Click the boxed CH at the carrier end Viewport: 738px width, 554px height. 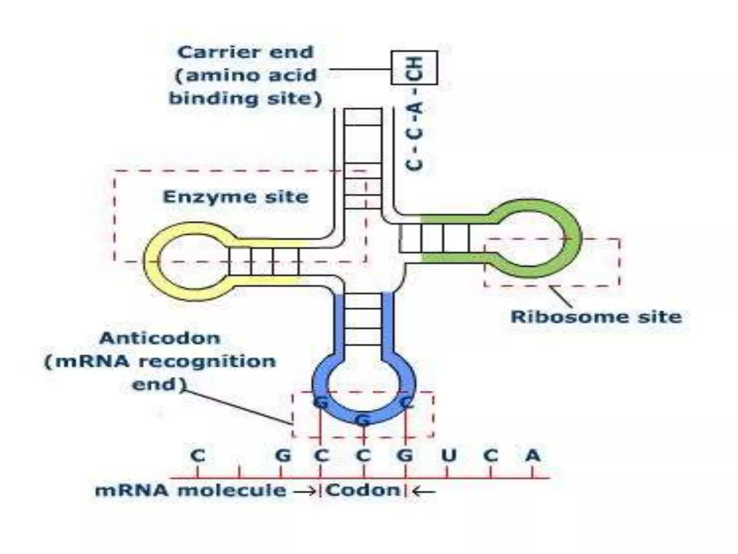[x=414, y=68]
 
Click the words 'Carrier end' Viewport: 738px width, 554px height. [x=246, y=52]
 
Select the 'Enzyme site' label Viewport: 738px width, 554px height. [x=236, y=197]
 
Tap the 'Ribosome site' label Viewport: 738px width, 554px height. [x=596, y=317]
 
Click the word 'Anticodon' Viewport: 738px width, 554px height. [x=160, y=338]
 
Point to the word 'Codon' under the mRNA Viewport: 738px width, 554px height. [x=363, y=491]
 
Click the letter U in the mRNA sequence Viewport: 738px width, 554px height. [x=449, y=456]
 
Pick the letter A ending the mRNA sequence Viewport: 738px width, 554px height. [x=533, y=456]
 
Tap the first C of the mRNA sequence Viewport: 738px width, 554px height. [x=198, y=456]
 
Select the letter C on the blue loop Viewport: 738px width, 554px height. [x=406, y=402]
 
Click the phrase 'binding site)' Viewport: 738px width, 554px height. [x=245, y=98]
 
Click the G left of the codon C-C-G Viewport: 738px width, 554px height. [x=283, y=456]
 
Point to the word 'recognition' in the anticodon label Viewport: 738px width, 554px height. [x=213, y=361]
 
